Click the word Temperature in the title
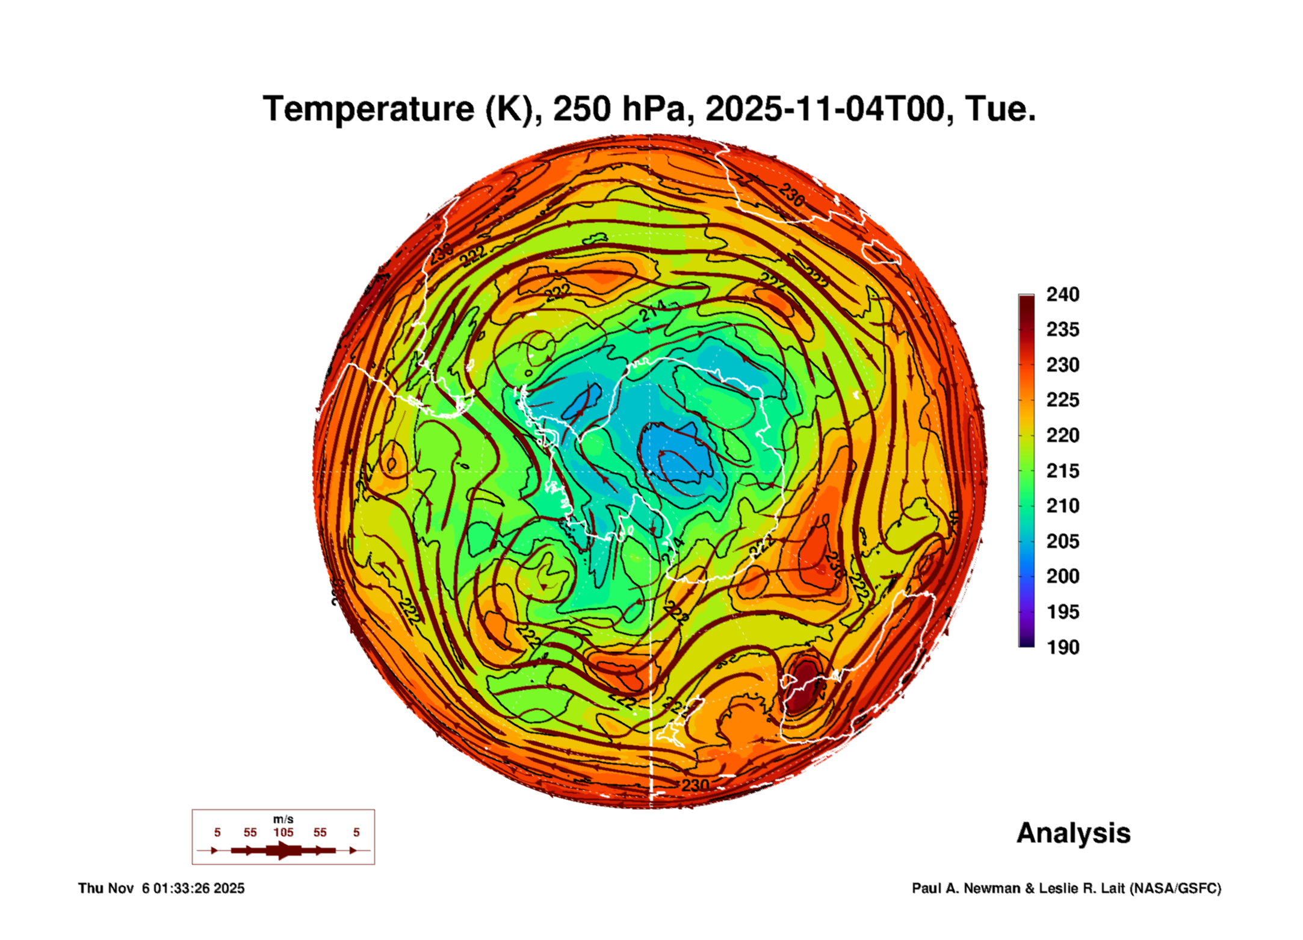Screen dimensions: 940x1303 tap(369, 109)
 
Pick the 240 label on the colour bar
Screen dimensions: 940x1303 tap(1062, 294)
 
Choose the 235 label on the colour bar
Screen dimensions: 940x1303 tap(1062, 329)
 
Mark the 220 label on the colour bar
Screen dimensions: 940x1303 tap(1062, 435)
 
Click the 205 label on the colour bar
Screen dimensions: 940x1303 tap(1062, 541)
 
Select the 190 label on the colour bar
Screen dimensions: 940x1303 tap(1062, 647)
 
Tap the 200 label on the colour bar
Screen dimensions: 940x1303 tap(1062, 576)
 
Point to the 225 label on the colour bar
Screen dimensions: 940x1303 tap(1062, 400)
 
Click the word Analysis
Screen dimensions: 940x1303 tap(1073, 833)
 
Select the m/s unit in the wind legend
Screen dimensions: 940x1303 tap(283, 820)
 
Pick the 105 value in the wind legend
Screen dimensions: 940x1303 tap(283, 833)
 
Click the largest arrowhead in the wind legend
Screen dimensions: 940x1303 tap(283, 850)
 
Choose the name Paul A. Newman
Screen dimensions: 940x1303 tap(967, 888)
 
